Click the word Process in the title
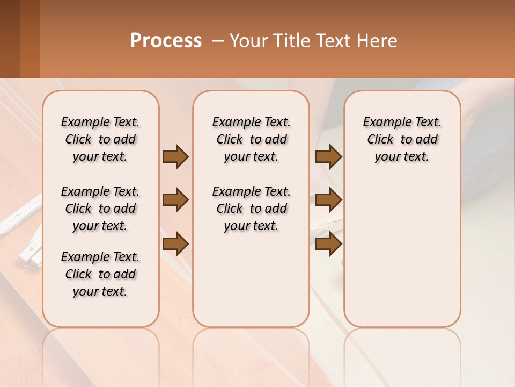[x=166, y=41]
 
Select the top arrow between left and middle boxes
[x=175, y=157]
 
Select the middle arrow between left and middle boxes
[x=175, y=200]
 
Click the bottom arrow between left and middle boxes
[x=175, y=244]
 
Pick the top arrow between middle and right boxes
[x=328, y=157]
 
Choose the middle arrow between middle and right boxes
[x=328, y=200]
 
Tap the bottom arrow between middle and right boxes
[x=328, y=244]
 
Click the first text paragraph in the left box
[x=100, y=139]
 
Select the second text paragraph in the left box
[x=100, y=209]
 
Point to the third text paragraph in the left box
[x=100, y=274]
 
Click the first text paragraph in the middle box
[x=251, y=139]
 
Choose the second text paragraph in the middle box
[x=251, y=209]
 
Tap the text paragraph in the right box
[x=402, y=139]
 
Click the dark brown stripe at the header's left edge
[x=10, y=39]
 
